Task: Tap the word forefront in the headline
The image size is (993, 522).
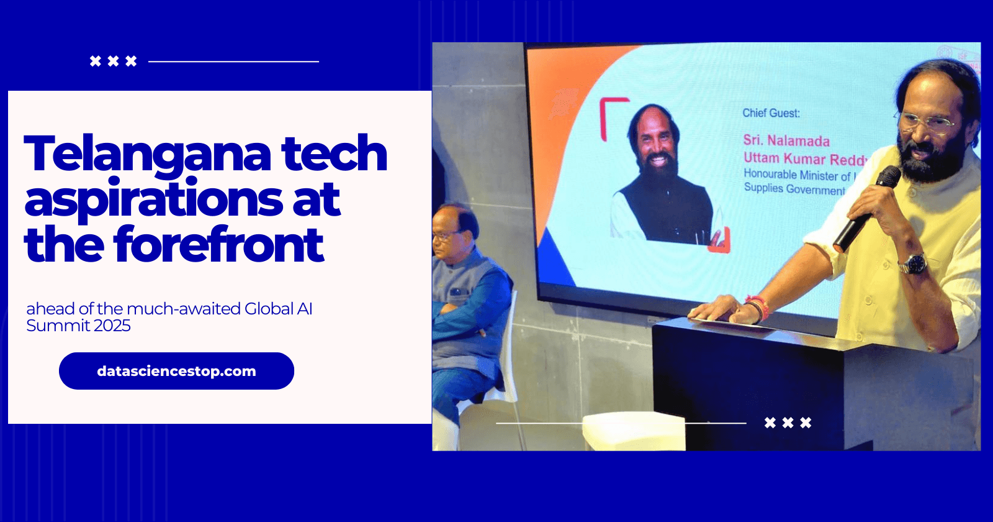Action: [x=218, y=245]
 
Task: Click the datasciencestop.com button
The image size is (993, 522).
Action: [x=176, y=371]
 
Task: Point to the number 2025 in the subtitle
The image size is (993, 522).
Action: [x=112, y=326]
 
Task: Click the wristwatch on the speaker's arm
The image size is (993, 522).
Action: [x=913, y=263]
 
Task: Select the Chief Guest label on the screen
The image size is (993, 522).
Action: [x=771, y=113]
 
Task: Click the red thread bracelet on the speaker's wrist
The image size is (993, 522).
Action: [x=758, y=308]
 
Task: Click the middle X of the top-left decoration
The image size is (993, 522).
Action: [x=113, y=61]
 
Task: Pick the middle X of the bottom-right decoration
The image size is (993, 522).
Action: [x=788, y=423]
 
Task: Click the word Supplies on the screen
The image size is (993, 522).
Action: [x=763, y=187]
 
